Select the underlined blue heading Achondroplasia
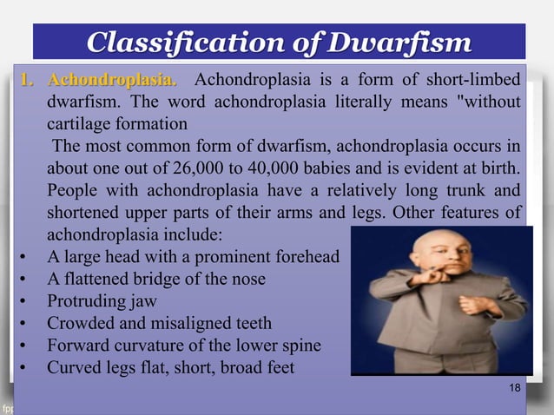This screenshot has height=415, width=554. (111, 81)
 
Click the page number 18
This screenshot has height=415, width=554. (515, 387)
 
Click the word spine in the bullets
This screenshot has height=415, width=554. (300, 345)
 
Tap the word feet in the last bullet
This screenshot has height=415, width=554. (277, 367)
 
